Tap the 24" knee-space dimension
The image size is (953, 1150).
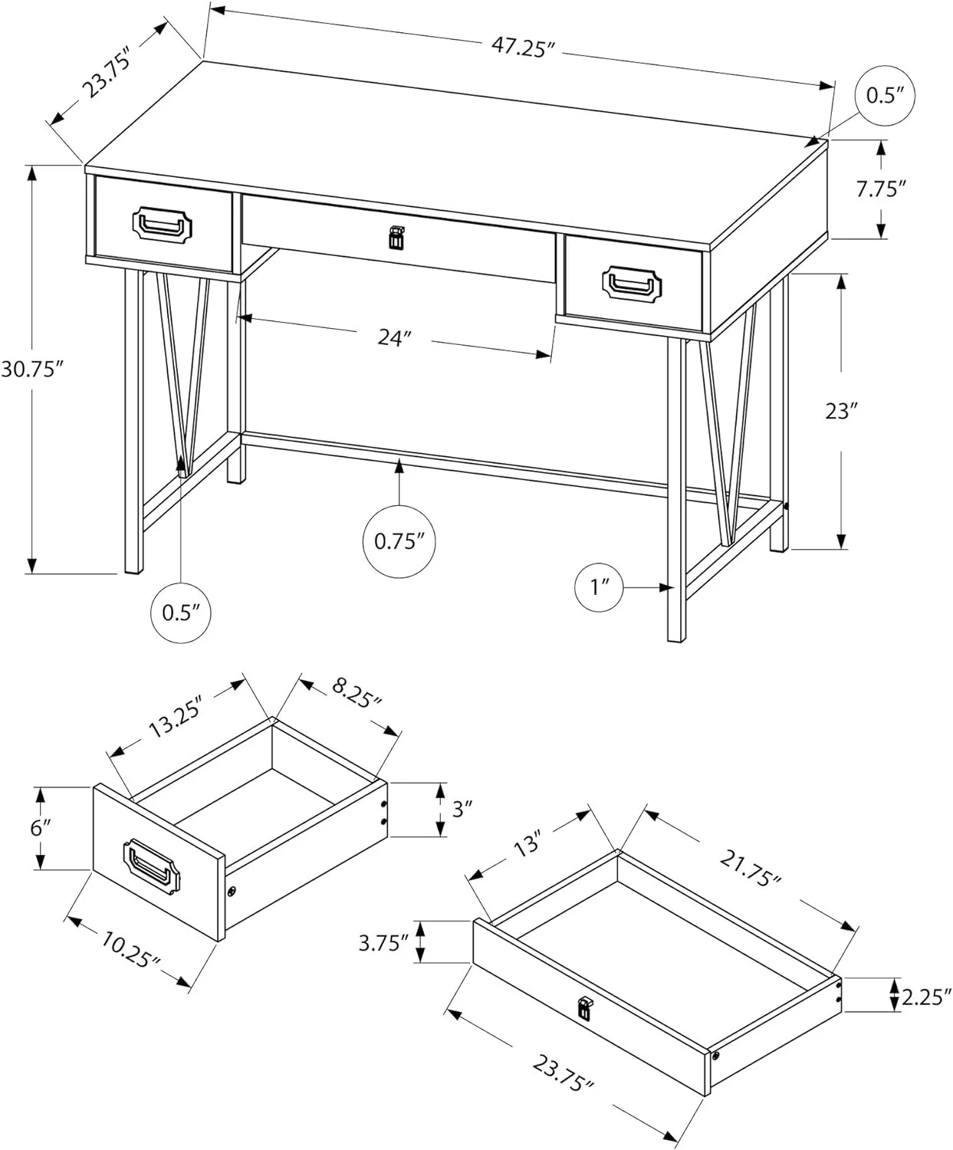pos(395,337)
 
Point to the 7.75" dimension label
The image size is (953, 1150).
pos(881,189)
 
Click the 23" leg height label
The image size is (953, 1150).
pos(840,412)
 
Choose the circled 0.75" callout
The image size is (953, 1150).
pos(399,541)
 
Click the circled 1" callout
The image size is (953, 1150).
pos(599,587)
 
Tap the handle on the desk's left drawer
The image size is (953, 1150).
pos(162,225)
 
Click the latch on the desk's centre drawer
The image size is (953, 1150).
pos(395,237)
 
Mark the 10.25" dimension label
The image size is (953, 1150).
pos(128,951)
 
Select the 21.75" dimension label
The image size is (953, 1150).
pos(750,869)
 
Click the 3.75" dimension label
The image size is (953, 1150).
pos(383,942)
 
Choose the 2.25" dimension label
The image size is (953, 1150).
pos(926,996)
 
